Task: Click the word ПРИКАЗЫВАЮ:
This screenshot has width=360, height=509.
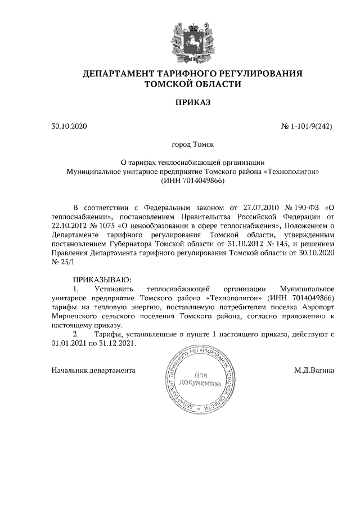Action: [x=102, y=280]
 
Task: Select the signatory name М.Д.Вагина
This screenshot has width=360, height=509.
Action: [x=313, y=371]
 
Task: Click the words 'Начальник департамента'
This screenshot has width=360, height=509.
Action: [x=93, y=371]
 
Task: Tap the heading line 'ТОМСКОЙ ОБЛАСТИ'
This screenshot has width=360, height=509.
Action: [x=192, y=84]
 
